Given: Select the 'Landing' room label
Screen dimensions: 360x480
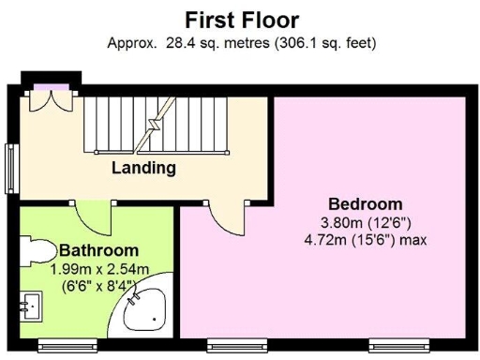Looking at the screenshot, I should point(143,169).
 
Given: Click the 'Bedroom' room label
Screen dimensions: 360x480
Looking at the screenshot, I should point(365,204).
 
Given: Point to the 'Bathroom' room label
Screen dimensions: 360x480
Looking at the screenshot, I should point(98,250).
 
